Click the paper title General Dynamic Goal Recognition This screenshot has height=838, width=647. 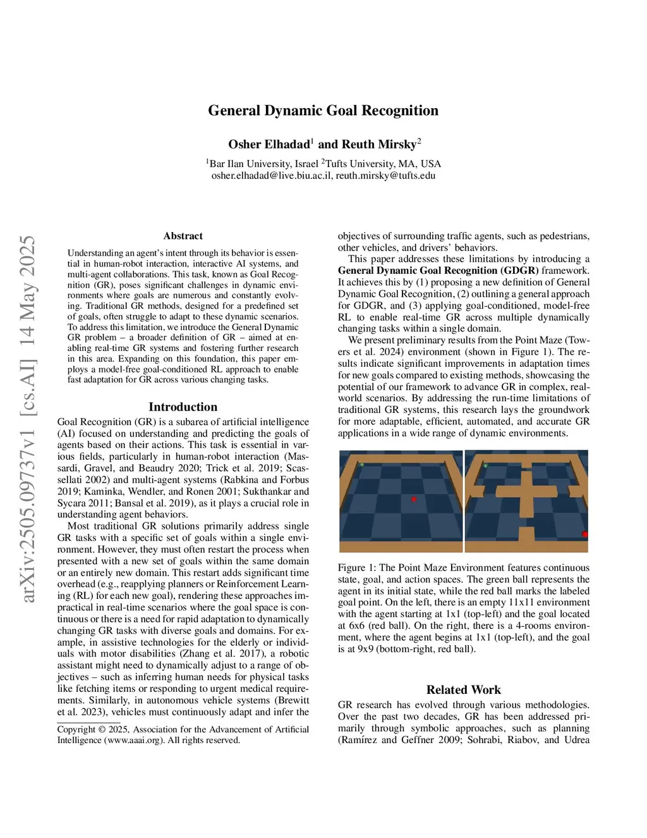pos(323,111)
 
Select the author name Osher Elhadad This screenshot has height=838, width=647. pos(269,144)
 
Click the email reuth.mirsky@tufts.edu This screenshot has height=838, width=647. pos(385,176)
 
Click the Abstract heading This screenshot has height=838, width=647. pos(183,236)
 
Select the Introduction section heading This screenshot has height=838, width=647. pos(183,407)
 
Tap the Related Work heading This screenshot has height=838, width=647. pos(464,689)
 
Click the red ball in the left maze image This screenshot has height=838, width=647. pos(414,499)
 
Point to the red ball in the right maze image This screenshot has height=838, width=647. pos(584,534)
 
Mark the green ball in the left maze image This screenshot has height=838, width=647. pos(362,465)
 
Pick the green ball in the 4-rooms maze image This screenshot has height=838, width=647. pos(485,466)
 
